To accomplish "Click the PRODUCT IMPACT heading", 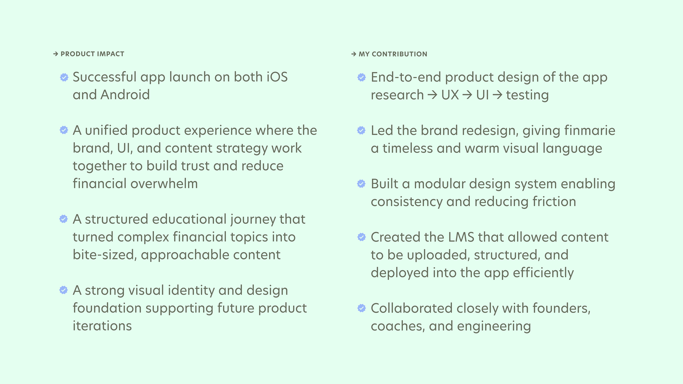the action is (x=92, y=54).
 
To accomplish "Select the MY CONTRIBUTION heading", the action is (x=393, y=54).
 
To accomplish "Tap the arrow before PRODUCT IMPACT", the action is (x=56, y=54).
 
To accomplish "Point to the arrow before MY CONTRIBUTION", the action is (x=354, y=54).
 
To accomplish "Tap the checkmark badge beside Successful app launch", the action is (x=64, y=77).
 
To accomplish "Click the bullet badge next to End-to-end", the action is (x=362, y=77).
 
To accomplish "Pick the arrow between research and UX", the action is (x=432, y=95).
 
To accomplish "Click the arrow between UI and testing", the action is (x=497, y=95).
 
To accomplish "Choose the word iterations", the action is (x=102, y=326).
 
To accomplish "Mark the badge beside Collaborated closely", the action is (x=362, y=308).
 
